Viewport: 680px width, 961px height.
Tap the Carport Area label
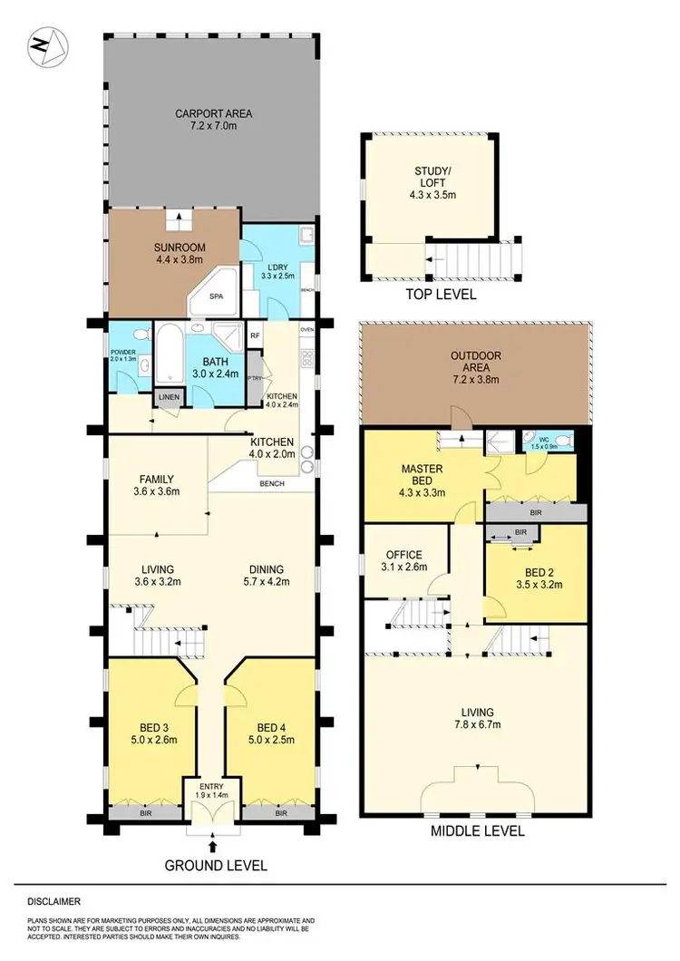point(213,114)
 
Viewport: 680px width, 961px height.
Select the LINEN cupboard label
point(168,397)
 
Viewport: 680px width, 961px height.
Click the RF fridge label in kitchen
point(256,335)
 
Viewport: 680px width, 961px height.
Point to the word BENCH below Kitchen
point(271,483)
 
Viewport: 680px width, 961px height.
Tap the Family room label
point(157,480)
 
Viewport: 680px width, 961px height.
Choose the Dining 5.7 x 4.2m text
point(268,577)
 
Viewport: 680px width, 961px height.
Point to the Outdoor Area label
point(475,362)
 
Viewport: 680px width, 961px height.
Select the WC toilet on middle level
point(563,442)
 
